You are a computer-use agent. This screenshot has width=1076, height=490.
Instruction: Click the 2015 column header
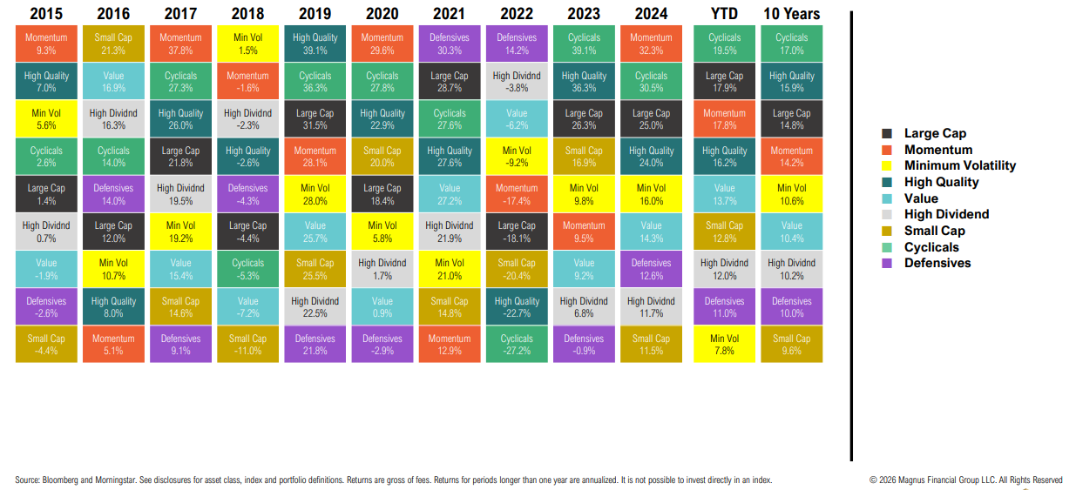point(46,13)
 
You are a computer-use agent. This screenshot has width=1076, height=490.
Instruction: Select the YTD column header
point(724,13)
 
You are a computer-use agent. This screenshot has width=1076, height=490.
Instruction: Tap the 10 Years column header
point(791,13)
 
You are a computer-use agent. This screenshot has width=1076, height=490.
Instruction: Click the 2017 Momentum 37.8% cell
point(180,44)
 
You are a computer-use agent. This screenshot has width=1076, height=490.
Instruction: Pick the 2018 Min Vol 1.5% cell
point(247,44)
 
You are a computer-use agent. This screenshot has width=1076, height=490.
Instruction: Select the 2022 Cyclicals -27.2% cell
point(517,345)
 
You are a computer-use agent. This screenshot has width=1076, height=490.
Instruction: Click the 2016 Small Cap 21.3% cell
point(113,44)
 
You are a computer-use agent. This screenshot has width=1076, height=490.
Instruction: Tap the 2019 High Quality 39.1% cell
point(315,44)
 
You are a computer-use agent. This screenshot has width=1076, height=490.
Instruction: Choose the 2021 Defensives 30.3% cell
point(450,44)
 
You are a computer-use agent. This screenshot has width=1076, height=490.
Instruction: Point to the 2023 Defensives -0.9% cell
point(584,345)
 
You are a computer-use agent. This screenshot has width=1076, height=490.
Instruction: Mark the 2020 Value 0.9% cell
point(382,306)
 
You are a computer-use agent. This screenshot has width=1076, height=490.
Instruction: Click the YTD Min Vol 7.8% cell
point(724,345)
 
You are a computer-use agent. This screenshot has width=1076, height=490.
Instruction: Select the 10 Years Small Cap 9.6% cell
point(791,345)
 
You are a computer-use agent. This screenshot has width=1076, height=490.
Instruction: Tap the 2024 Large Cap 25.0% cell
point(651,118)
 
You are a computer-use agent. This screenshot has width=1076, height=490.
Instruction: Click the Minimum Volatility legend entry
point(960,165)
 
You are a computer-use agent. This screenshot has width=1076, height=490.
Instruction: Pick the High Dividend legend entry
point(946,214)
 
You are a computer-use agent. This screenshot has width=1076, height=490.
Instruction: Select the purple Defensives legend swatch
point(887,264)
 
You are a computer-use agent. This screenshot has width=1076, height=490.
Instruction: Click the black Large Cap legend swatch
point(887,134)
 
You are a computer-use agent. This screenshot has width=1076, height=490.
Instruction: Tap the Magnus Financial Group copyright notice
point(965,480)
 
